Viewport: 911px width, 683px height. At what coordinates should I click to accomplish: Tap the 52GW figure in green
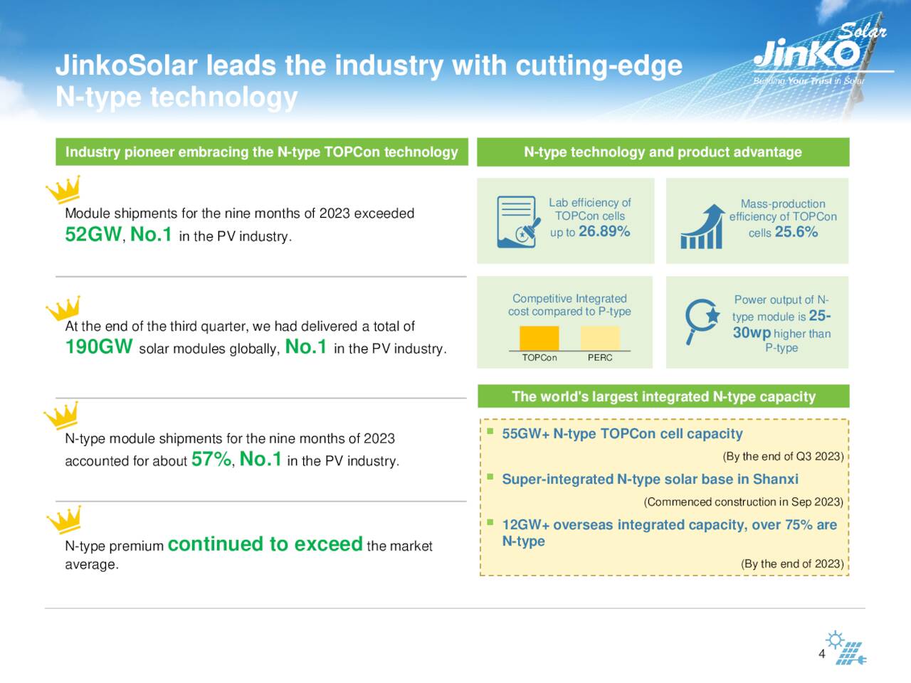pyautogui.click(x=93, y=234)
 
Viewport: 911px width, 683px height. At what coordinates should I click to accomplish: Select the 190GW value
pyautogui.click(x=99, y=347)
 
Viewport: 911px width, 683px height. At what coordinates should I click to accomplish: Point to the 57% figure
pyautogui.click(x=211, y=460)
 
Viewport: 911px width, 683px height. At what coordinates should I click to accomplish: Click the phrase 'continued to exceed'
pyautogui.click(x=265, y=544)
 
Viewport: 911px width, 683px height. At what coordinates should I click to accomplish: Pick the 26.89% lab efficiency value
pyautogui.click(x=604, y=232)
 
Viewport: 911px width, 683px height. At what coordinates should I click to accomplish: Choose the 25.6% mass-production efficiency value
pyautogui.click(x=796, y=232)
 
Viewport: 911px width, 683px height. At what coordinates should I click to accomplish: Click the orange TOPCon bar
pyautogui.click(x=539, y=338)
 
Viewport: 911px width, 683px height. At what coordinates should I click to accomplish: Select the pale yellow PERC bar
pyautogui.click(x=600, y=338)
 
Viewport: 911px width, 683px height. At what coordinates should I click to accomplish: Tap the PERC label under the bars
pyautogui.click(x=600, y=358)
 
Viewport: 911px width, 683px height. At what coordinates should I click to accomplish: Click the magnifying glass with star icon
pyautogui.click(x=701, y=321)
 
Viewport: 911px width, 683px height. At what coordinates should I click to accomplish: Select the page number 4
pyautogui.click(x=822, y=654)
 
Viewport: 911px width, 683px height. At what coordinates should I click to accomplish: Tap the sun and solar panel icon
pyautogui.click(x=847, y=647)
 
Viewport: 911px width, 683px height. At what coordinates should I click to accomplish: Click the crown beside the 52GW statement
pyautogui.click(x=63, y=190)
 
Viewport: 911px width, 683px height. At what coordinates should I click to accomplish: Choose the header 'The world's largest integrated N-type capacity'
pyautogui.click(x=663, y=396)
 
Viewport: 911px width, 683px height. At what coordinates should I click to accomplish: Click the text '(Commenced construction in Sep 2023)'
pyautogui.click(x=743, y=502)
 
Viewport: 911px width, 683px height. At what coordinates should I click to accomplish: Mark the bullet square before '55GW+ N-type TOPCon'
pyautogui.click(x=490, y=431)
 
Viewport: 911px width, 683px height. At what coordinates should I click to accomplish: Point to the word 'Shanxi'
pyautogui.click(x=775, y=480)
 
